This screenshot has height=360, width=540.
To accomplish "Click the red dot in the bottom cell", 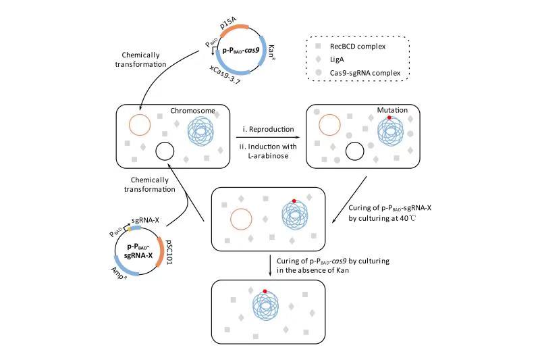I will [265, 291].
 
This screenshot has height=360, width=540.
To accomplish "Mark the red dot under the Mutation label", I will [389, 119].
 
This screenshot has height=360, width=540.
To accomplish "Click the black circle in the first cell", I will [165, 152].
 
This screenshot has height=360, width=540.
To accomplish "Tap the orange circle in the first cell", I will [140, 125].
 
